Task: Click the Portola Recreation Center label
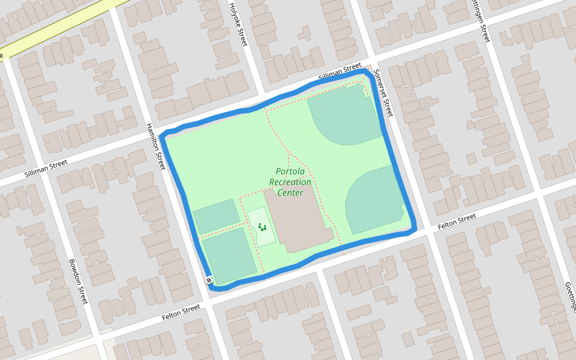290,182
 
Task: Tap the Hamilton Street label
155,146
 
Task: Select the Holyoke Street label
238,24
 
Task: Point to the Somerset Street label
383,93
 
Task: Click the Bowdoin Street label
79,281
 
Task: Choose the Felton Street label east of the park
457,221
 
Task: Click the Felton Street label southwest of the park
181,312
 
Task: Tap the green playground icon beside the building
262,227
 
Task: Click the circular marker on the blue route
209,280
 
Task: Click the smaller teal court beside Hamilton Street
216,216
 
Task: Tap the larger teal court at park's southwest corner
229,256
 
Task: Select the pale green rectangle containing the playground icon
262,227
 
